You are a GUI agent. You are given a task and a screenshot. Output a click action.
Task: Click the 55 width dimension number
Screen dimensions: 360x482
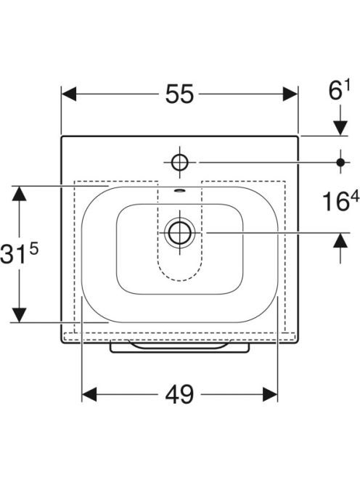coord(179,94)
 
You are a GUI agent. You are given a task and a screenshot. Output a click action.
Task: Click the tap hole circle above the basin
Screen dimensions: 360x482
coord(180,162)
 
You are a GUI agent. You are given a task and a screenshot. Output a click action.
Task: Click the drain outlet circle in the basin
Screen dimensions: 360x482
coord(179,233)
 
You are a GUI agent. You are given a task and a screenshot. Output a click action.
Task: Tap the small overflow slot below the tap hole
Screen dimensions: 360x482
coord(179,190)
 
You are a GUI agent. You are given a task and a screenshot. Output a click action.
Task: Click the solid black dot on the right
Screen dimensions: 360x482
coord(340,162)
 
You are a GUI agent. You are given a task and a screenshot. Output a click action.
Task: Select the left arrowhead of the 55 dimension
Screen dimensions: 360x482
coord(69,94)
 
